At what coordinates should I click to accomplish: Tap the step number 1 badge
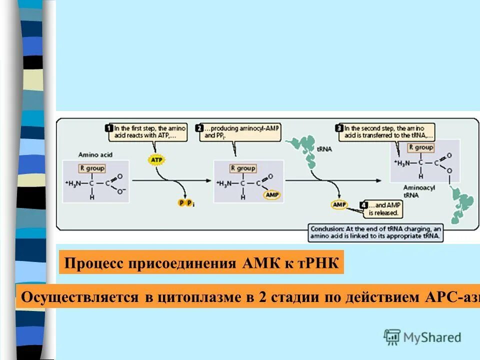pos(108,128)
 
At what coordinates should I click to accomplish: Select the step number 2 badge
pos(199,128)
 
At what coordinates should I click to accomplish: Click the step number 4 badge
pos(363,204)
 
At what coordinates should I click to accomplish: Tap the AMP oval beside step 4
pos(338,204)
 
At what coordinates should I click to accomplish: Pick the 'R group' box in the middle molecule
pos(243,168)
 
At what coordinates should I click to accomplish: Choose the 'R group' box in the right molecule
pos(420,147)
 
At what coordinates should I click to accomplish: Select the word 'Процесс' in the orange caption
pos(95,263)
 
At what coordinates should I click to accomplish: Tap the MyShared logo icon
pos(392,337)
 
